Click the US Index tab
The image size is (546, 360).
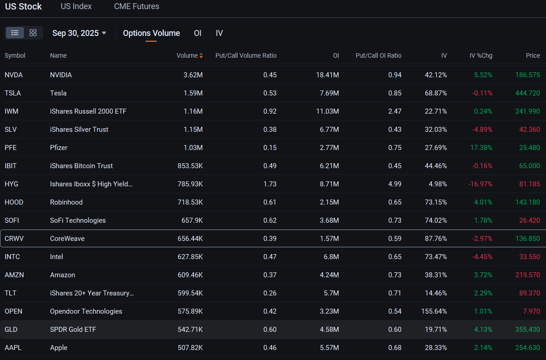[x=76, y=6]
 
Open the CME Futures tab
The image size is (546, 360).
[x=136, y=6]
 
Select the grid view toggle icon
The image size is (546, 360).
[x=33, y=33]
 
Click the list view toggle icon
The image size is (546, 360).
[x=15, y=33]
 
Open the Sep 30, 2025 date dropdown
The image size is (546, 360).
[x=79, y=33]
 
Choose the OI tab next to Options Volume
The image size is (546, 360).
[x=198, y=33]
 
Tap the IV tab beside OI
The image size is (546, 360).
[x=219, y=33]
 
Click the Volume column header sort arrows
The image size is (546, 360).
[x=201, y=55]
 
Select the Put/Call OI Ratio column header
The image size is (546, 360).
[x=378, y=55]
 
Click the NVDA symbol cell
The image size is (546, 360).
[x=14, y=75]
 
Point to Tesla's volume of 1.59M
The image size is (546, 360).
[x=193, y=93]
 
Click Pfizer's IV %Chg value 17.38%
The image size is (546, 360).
[x=481, y=148]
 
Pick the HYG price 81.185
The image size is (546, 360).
[x=530, y=184]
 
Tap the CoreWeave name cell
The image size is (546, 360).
[x=67, y=239]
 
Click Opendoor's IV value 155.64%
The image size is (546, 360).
[x=434, y=311]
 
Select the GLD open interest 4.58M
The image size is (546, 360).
[x=329, y=330]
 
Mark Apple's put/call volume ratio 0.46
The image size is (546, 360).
[x=270, y=348]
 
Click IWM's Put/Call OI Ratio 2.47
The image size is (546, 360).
[x=395, y=111]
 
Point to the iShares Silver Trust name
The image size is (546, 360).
[x=79, y=130]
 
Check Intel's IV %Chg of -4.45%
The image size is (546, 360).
[x=482, y=256]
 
